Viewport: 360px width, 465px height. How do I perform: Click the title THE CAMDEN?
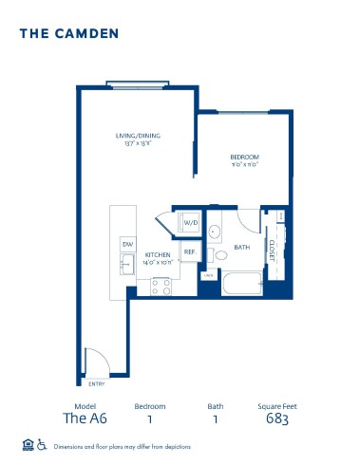(x=69, y=33)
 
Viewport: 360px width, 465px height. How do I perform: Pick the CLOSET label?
(x=272, y=249)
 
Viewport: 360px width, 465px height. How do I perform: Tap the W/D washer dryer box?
(x=190, y=223)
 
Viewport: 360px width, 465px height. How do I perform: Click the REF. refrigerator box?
(x=190, y=251)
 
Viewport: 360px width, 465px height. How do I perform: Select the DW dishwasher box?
(x=126, y=245)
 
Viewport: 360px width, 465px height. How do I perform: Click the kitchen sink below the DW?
(x=127, y=268)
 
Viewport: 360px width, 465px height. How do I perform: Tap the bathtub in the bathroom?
(x=241, y=283)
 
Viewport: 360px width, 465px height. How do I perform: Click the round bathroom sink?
(x=215, y=232)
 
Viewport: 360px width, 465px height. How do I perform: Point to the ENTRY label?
(x=96, y=383)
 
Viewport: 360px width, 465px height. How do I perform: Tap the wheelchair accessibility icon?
(x=42, y=443)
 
